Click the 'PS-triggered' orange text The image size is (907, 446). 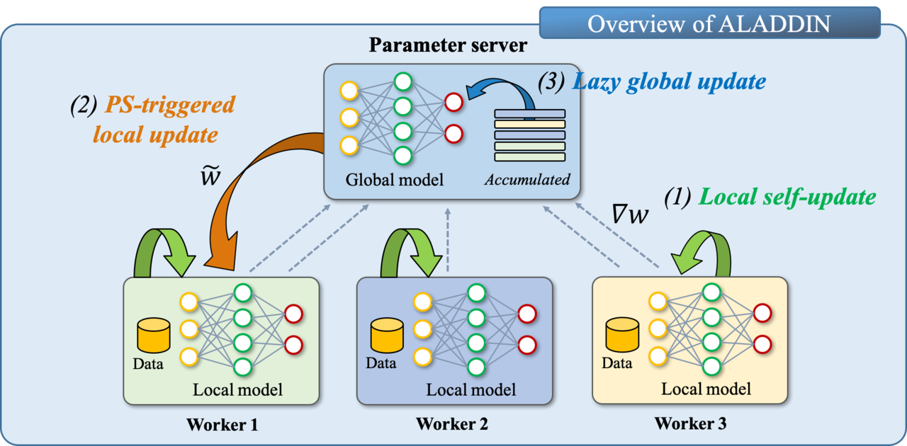169,105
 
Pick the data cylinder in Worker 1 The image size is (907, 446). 154,336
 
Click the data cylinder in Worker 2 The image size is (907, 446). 387,336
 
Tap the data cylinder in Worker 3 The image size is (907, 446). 621,336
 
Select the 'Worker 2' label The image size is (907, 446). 451,424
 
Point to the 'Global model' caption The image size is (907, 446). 394,180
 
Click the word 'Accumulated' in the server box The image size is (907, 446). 527,180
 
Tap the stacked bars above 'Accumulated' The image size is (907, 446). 530,135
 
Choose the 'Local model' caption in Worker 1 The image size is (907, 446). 237,389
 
